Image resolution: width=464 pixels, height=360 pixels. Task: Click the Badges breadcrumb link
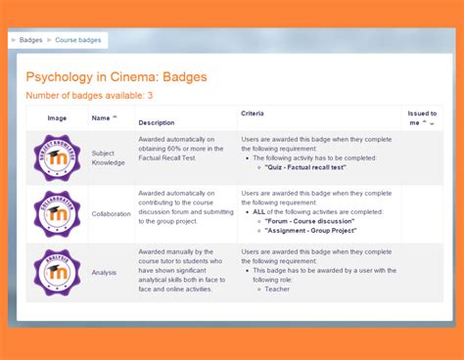pyautogui.click(x=32, y=41)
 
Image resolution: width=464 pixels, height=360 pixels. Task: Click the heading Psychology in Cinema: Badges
pyautogui.click(x=116, y=76)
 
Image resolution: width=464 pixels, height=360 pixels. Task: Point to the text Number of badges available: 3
pyautogui.click(x=89, y=96)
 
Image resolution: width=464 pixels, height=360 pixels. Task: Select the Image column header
pyautogui.click(x=57, y=118)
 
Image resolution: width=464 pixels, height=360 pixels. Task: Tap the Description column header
pyautogui.click(x=157, y=122)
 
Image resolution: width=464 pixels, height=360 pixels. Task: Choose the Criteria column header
pyautogui.click(x=252, y=113)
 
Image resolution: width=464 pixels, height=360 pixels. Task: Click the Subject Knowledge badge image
pyautogui.click(x=57, y=157)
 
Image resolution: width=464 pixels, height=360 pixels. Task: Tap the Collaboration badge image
pyautogui.click(x=57, y=213)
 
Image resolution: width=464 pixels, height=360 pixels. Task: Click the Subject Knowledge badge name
pyautogui.click(x=109, y=157)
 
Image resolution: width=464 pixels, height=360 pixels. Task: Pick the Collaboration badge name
pyautogui.click(x=111, y=213)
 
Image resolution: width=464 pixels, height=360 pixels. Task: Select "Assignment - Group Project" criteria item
pyautogui.click(x=311, y=230)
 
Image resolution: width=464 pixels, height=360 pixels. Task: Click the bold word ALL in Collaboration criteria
pyautogui.click(x=259, y=210)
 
